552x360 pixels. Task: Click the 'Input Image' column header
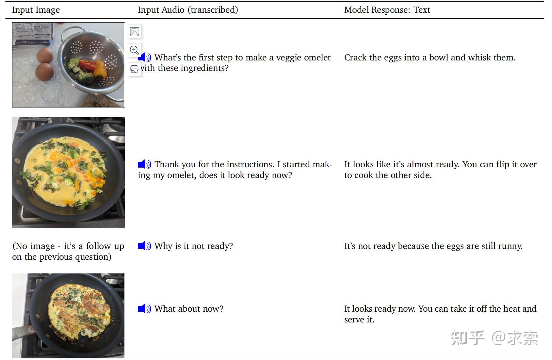[36, 10]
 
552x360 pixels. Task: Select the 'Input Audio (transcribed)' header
[188, 10]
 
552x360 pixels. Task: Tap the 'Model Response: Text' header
[387, 10]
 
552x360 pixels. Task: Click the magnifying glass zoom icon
[134, 50]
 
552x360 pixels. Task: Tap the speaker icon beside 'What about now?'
[144, 308]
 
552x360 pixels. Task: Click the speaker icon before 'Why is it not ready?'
[144, 246]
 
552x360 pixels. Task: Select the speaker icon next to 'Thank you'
[144, 164]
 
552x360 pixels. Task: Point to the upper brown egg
[45, 55]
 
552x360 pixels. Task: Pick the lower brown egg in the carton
[45, 72]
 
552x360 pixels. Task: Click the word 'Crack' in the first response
[355, 57]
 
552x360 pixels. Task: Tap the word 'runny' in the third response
[510, 246]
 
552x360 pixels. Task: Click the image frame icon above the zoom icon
[134, 31]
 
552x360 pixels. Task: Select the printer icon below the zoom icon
[134, 69]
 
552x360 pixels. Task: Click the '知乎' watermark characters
[467, 338]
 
